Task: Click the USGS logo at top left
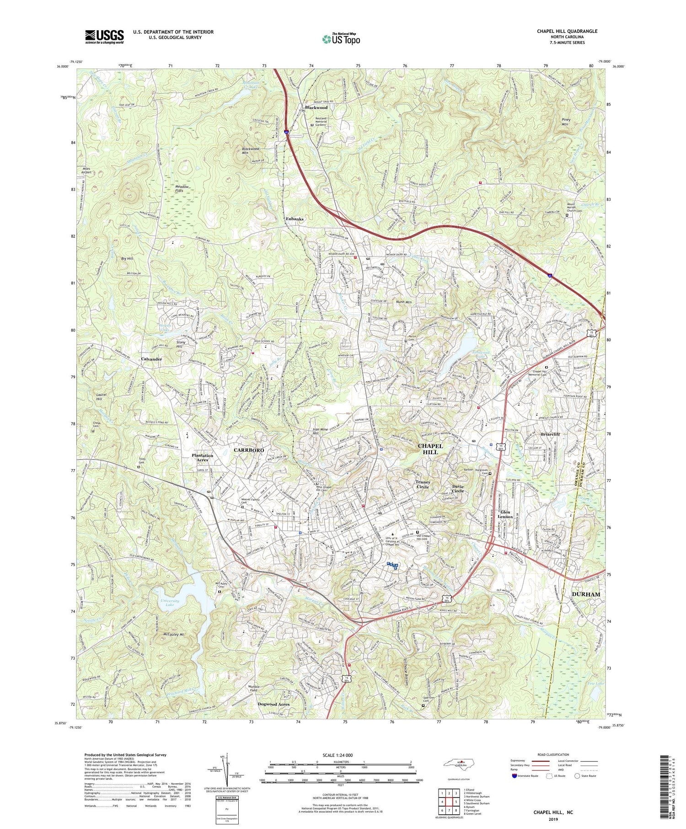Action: (x=104, y=37)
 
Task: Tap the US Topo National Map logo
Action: (x=341, y=39)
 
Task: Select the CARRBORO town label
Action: (x=249, y=450)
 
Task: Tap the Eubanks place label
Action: (x=295, y=219)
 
